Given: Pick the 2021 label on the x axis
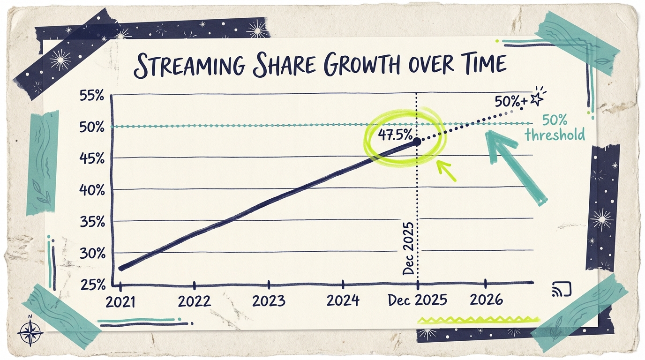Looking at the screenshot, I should click(x=120, y=300).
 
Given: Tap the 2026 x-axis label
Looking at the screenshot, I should click(x=486, y=299).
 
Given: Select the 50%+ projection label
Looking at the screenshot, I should click(x=510, y=100).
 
